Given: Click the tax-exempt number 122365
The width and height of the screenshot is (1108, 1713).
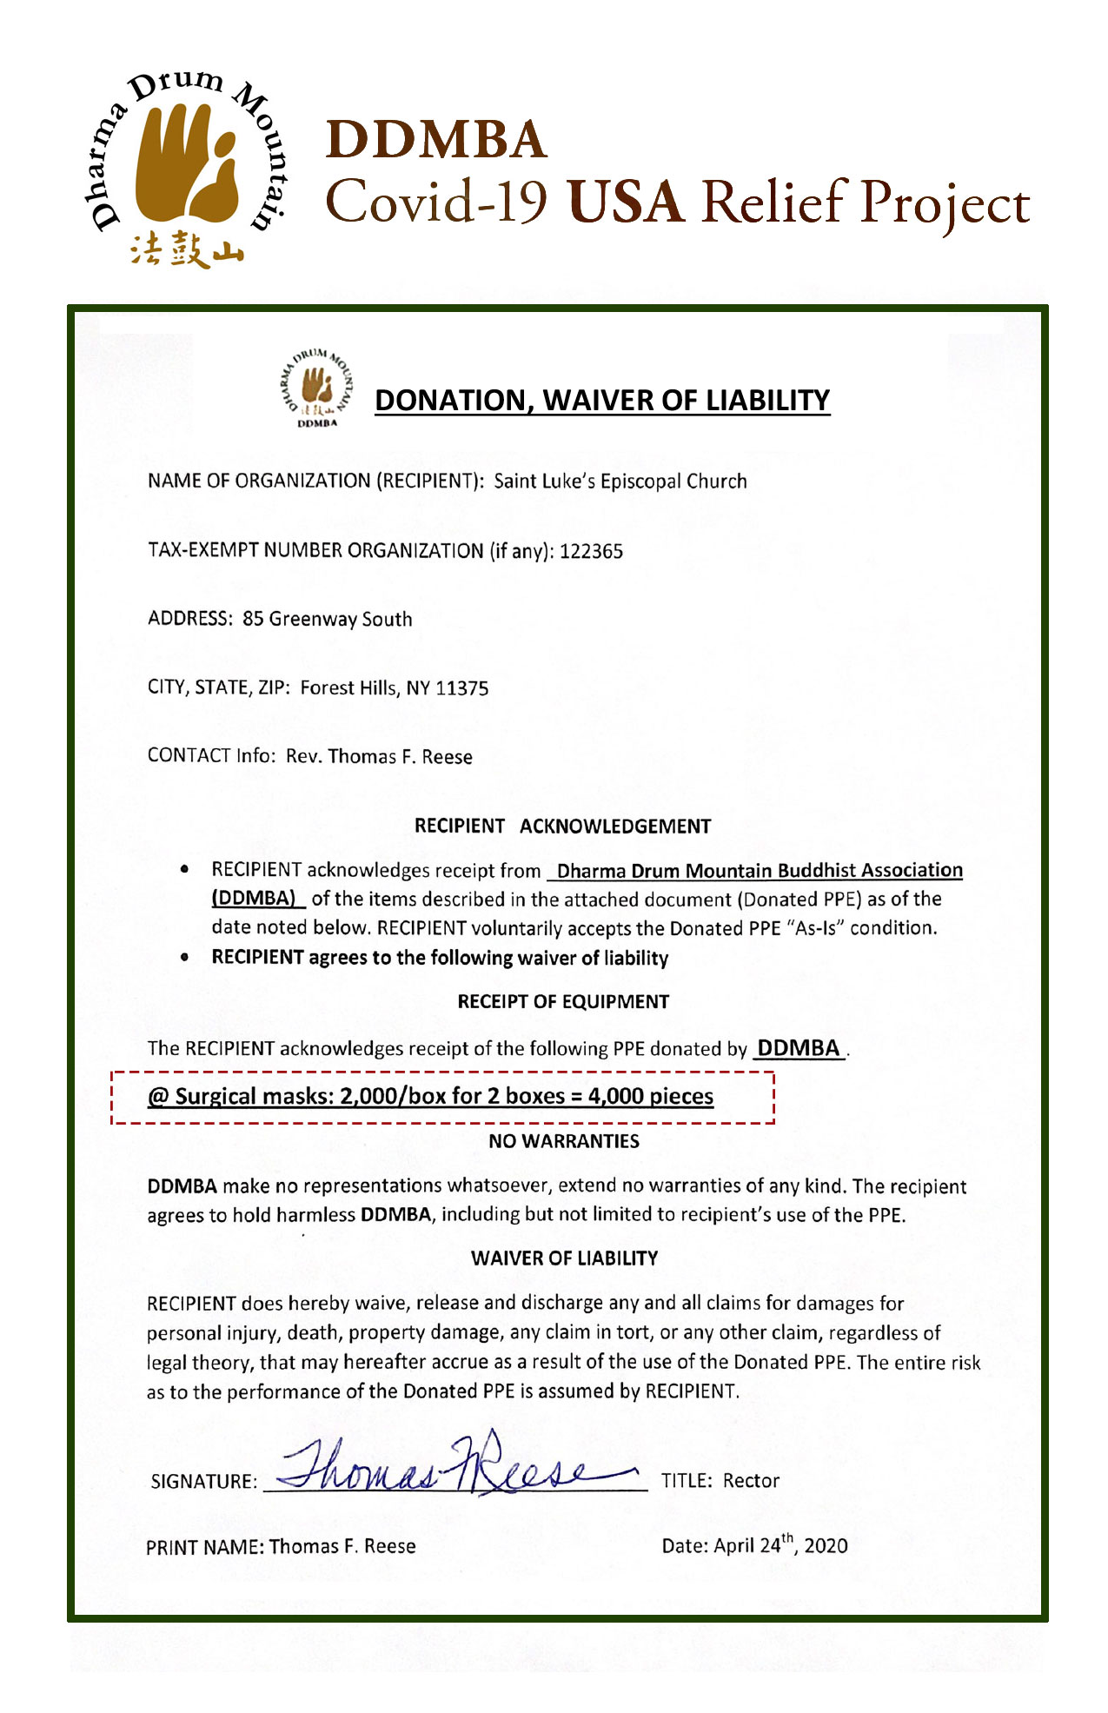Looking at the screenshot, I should point(591,551).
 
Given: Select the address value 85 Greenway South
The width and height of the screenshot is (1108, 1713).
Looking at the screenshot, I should point(328,619).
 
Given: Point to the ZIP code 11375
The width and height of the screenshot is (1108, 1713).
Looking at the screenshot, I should point(462,688).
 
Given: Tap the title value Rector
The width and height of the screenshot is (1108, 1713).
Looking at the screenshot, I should point(751,1480).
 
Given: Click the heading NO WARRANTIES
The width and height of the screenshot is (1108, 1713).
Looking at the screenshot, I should point(564,1141).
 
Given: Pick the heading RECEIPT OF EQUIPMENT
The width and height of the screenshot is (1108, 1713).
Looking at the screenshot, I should point(563,1001).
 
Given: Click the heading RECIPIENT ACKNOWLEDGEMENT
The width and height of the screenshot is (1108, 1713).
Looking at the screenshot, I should point(562,826).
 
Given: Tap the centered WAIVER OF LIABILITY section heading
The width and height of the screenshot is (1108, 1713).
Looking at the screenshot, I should point(565,1258).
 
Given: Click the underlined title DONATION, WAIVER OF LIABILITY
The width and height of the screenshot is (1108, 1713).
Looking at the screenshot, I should point(602,400).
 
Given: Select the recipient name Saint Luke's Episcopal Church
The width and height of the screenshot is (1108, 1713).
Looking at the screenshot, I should point(620,481).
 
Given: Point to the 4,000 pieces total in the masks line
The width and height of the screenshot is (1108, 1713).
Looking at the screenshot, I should point(651,1096).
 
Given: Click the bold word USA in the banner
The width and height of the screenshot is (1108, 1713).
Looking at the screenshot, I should point(625,202).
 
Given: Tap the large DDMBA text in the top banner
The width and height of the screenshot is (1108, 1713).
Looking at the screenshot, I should point(436,139).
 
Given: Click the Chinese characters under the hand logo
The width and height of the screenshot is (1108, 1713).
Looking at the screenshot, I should point(187,249).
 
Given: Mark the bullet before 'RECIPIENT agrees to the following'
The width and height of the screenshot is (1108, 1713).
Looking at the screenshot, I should point(184,957).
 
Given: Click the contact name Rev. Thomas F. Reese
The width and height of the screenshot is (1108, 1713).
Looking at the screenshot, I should point(379,756).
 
